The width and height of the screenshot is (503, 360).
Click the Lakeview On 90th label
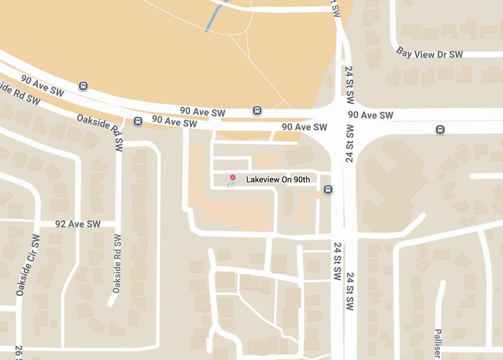tap(278, 180)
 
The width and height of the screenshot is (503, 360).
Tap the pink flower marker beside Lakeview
tap(232, 177)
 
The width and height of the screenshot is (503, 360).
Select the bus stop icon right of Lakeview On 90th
tap(328, 189)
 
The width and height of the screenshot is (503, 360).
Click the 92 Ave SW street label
tap(78, 224)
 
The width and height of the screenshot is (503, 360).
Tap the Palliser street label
tap(438, 343)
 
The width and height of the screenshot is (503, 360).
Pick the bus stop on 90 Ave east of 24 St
tap(440, 129)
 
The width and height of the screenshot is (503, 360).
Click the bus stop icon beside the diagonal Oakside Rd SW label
tap(138, 121)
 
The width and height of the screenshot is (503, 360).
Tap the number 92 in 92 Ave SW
tap(60, 224)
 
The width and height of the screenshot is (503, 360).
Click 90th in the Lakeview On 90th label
tap(302, 180)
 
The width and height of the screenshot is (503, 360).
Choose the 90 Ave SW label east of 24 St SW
tap(370, 115)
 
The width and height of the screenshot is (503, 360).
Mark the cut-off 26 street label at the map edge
tap(19, 353)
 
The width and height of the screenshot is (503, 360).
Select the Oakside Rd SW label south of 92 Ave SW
tap(117, 264)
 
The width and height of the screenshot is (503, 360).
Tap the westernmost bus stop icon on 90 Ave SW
tap(83, 86)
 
